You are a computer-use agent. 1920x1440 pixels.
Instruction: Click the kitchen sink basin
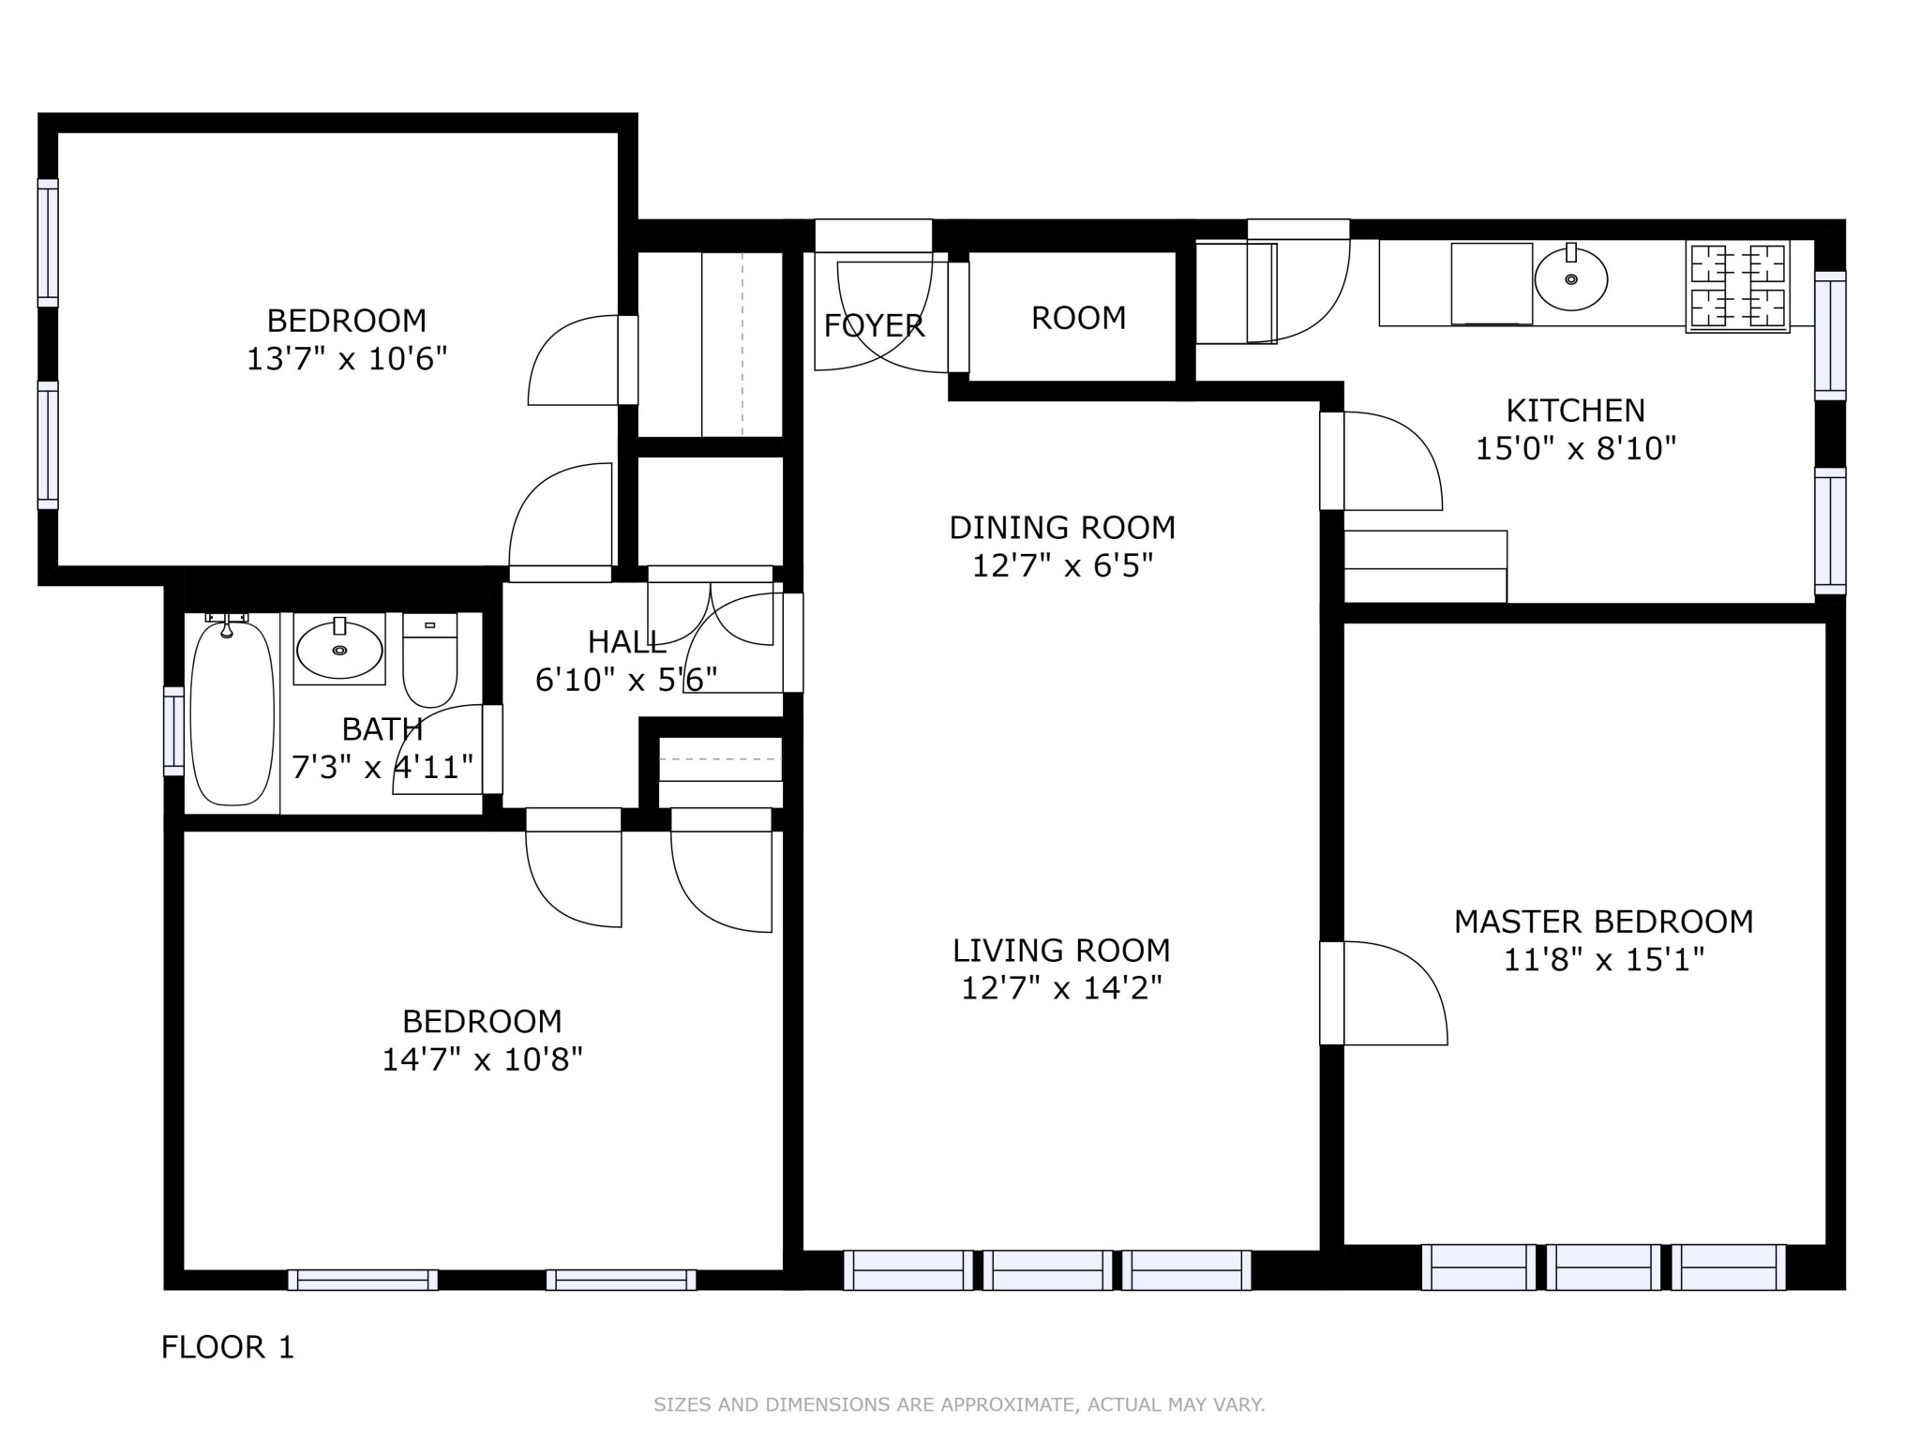(1570, 278)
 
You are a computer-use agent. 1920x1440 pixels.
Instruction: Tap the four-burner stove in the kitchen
(1737, 287)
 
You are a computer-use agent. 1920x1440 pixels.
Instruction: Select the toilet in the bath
(430, 660)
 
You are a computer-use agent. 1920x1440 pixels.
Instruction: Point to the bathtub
(232, 712)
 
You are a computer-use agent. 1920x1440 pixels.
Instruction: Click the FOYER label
(874, 325)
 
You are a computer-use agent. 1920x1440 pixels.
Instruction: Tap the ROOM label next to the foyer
(1078, 318)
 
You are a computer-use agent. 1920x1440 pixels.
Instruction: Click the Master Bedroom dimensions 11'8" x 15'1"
(1603, 960)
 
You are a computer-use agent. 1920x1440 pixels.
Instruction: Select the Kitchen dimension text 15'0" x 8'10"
(1575, 448)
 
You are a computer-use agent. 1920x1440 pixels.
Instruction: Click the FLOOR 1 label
(228, 1347)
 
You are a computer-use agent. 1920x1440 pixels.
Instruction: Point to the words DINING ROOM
(1061, 528)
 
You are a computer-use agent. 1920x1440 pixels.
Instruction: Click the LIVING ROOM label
(1061, 951)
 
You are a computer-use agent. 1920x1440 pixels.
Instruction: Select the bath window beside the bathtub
(173, 731)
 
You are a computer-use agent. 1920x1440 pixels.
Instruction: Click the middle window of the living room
(1047, 1270)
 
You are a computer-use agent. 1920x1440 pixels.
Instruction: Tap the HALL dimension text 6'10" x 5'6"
(626, 680)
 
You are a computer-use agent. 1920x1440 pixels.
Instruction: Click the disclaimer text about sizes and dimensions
(959, 1404)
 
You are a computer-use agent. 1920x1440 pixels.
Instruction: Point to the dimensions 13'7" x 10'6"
(347, 359)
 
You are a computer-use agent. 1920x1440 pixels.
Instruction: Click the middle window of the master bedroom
(1602, 1267)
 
